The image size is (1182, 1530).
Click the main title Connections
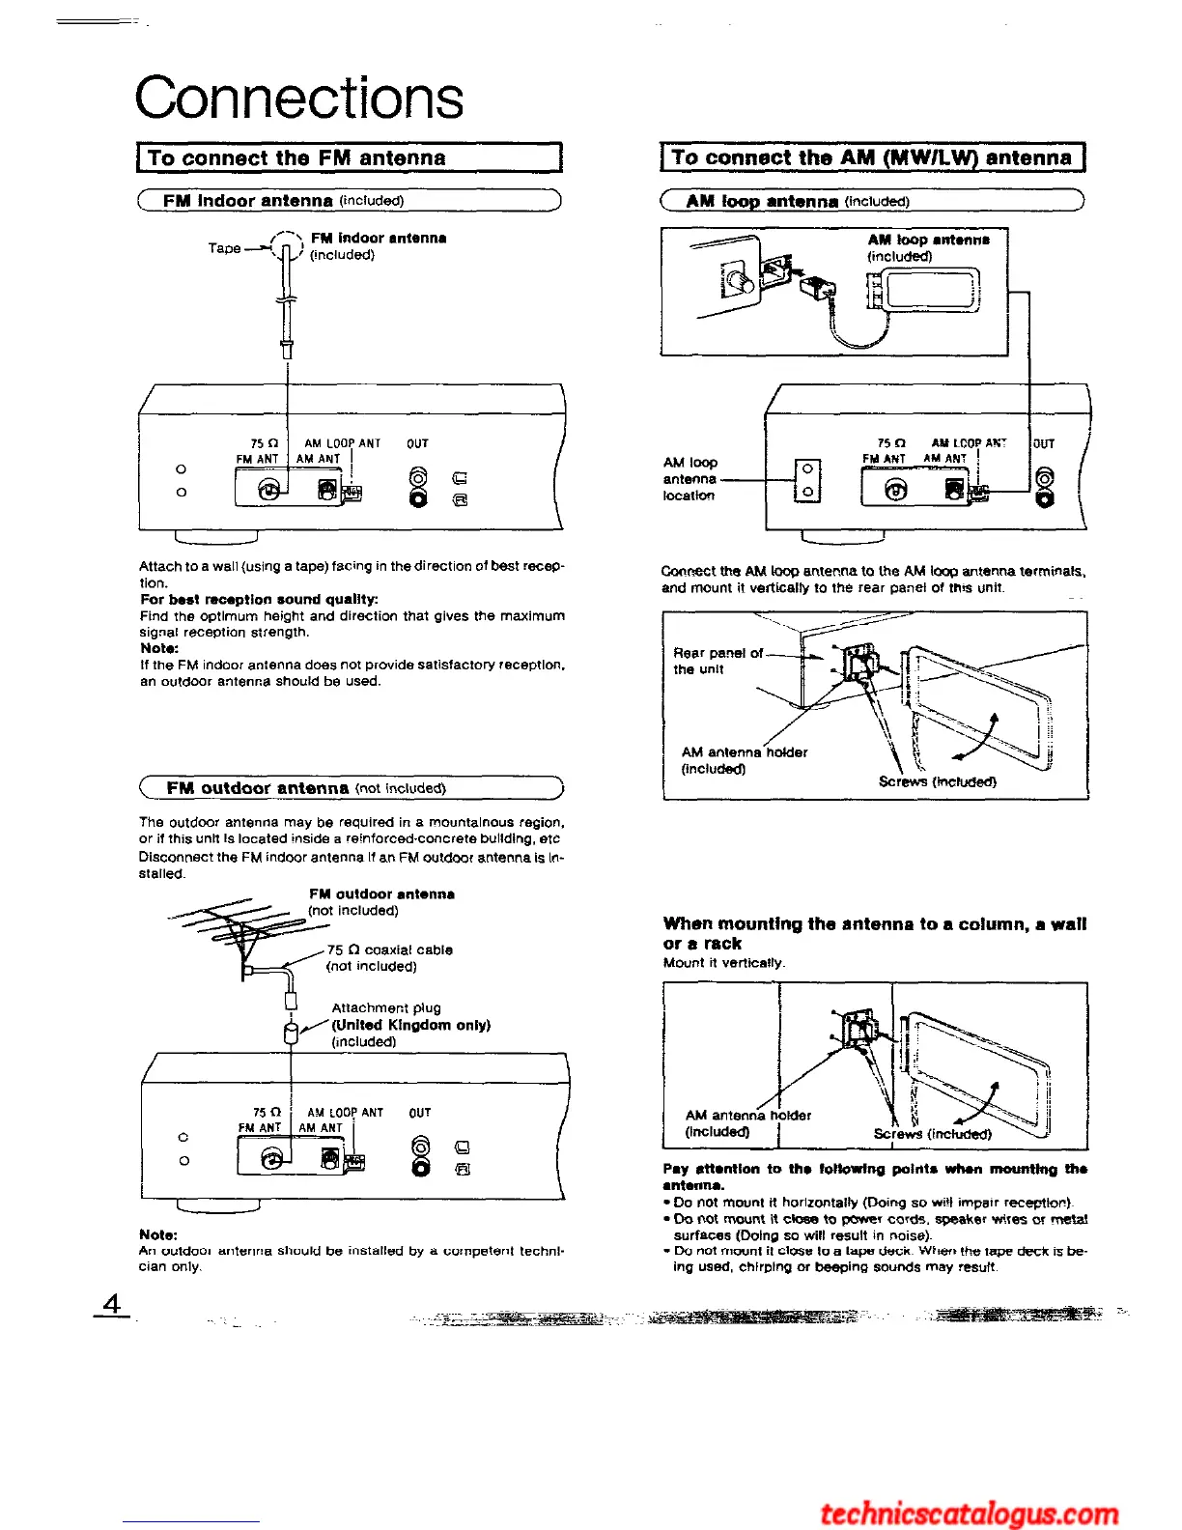tap(299, 98)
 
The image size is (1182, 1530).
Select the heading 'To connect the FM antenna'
tap(296, 158)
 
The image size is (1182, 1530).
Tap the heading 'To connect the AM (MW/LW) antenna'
tap(871, 157)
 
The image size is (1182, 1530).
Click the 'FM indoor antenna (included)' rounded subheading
tap(283, 201)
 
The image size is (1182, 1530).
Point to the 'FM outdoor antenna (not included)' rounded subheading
tap(305, 788)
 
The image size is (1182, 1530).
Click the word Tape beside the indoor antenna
tap(224, 248)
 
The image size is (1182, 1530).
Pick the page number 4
tap(113, 1304)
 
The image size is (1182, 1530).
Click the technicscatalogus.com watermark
tap(969, 1513)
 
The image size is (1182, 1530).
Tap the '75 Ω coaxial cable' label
tap(389, 949)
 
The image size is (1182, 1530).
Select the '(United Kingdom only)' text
tap(410, 1025)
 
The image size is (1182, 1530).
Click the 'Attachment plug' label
tap(385, 1007)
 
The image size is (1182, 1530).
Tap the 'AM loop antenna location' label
tap(689, 479)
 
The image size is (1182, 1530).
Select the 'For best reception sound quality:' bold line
tap(245, 599)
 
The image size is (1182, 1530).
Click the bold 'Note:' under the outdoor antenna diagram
tap(158, 1234)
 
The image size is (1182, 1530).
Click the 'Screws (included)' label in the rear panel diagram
tap(937, 781)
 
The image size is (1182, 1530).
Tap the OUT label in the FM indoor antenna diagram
tap(417, 443)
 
